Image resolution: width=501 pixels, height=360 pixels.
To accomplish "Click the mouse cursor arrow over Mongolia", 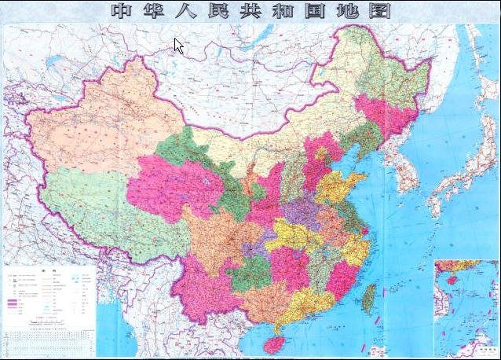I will pos(178,46).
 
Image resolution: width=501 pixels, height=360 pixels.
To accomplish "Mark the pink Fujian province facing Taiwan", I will pos(342,276).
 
